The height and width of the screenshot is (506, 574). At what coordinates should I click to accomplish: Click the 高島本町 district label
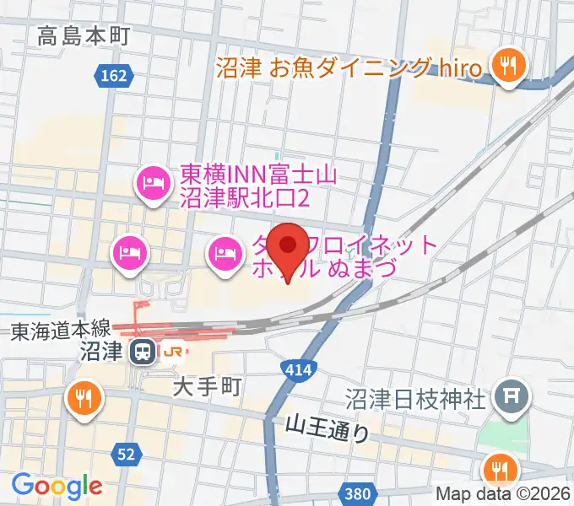(83, 35)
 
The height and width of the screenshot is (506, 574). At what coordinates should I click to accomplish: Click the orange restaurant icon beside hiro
(507, 65)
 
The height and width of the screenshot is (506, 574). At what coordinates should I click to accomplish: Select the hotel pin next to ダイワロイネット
(225, 250)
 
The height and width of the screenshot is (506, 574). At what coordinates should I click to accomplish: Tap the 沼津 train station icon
(144, 350)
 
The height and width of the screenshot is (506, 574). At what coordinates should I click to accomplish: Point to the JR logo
(173, 351)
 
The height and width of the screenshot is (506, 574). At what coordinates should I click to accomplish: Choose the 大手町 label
(208, 386)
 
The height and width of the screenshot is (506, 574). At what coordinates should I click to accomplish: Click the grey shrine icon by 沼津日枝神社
(511, 392)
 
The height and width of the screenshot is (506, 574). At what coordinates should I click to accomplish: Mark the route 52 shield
(127, 455)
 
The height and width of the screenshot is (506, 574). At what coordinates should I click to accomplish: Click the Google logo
(57, 485)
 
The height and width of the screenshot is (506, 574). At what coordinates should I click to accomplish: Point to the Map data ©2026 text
(502, 494)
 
